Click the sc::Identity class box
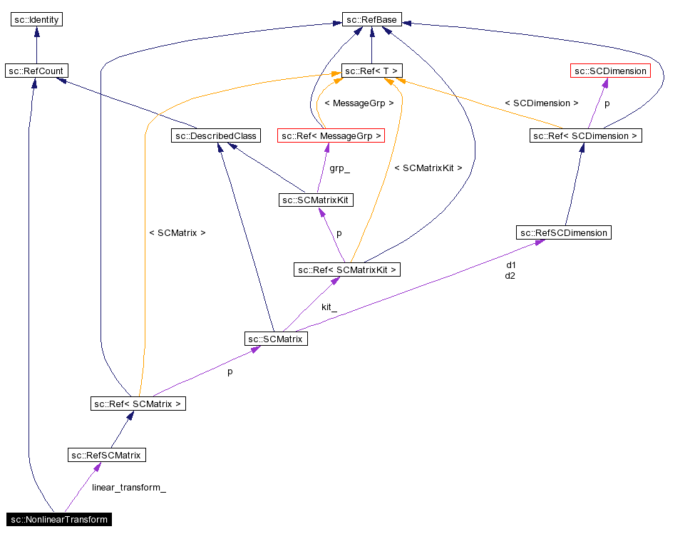[x=36, y=19]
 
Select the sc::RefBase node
[x=371, y=19]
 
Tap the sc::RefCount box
[x=36, y=71]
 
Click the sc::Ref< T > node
[x=371, y=71]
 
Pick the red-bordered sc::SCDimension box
[x=610, y=71]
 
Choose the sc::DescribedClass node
[x=215, y=135]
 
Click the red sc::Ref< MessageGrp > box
[x=331, y=135]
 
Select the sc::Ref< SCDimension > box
[x=586, y=135]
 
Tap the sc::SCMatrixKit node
[x=316, y=200]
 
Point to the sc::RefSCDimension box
[x=564, y=232]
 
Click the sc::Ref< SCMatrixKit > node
[x=347, y=269]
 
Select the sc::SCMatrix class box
[x=276, y=339]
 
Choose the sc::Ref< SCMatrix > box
[x=138, y=404]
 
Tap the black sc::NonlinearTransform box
[x=59, y=519]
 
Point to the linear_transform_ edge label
[x=129, y=488]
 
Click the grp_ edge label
[x=339, y=169]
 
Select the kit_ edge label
[x=329, y=307]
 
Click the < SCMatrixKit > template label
[x=428, y=168]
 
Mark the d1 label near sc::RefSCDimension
[x=510, y=265]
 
